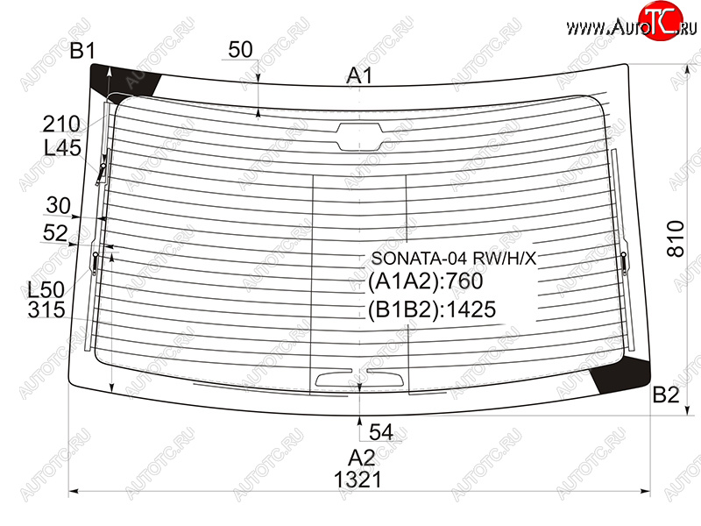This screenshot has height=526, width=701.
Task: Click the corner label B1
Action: [x=82, y=51]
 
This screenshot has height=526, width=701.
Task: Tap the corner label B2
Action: [x=666, y=395]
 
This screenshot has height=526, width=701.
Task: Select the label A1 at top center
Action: [x=359, y=75]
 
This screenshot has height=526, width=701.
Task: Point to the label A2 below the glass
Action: [x=361, y=458]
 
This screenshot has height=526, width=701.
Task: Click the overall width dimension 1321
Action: [x=358, y=480]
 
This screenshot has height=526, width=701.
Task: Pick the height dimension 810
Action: [x=676, y=238]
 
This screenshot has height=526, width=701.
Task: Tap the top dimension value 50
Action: [x=240, y=50]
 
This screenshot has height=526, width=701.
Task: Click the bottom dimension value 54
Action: [x=381, y=432]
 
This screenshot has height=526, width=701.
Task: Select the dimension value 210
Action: [x=61, y=124]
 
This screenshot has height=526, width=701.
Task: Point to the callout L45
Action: [x=62, y=147]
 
